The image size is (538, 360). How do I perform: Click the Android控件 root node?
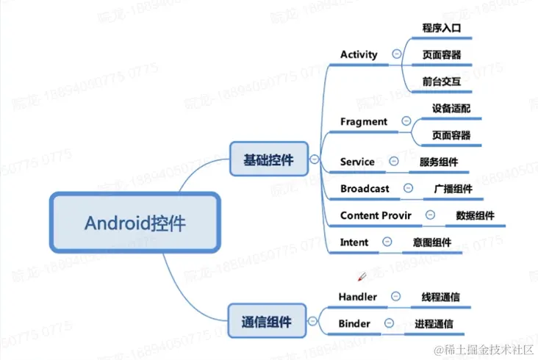point(135,222)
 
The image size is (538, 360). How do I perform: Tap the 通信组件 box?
point(266,321)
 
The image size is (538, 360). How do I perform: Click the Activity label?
point(359,54)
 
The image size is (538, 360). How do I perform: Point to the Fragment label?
point(363,121)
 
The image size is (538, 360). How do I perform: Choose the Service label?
point(357,162)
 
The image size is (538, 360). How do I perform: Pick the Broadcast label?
point(365,189)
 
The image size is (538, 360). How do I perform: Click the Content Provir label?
point(376,215)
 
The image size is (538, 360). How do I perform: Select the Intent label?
point(354,242)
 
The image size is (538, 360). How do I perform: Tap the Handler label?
point(357,297)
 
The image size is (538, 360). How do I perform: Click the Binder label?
point(354,323)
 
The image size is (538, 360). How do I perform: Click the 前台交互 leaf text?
point(441,82)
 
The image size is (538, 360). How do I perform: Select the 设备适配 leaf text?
point(451,108)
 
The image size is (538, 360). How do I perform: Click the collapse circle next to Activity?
point(397,54)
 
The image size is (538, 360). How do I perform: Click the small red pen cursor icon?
point(361,277)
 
